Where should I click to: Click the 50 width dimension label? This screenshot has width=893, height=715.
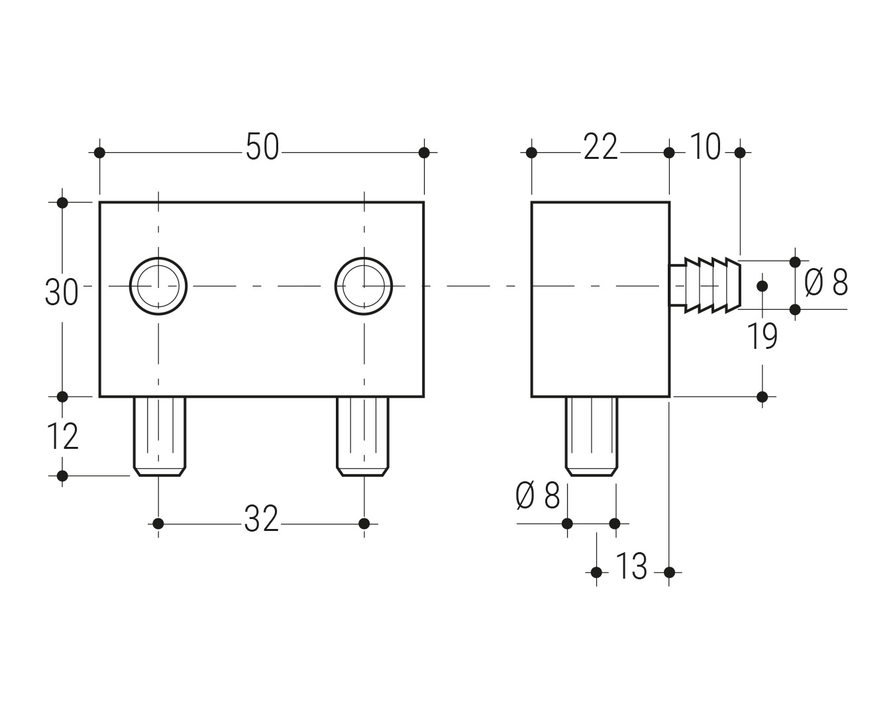point(262,147)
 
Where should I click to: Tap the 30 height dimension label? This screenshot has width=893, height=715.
point(61,292)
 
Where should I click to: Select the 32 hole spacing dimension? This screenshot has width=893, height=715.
point(262,519)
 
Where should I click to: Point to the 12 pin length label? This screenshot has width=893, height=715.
point(62,437)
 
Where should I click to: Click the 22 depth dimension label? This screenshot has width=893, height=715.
point(600,147)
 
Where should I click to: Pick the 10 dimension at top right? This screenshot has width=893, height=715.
point(704,147)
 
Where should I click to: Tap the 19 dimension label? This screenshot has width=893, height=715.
point(762,336)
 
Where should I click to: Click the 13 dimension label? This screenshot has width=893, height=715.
point(631,567)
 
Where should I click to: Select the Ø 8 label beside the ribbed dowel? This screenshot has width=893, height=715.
point(826,283)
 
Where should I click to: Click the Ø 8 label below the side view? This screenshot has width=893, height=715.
point(538,496)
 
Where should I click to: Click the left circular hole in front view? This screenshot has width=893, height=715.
point(158,286)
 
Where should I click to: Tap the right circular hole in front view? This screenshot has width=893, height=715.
point(364,286)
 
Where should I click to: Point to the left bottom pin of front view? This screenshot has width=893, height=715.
point(159,437)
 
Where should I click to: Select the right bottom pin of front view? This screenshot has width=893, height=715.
point(362,437)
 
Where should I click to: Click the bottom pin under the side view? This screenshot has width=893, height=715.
point(591,437)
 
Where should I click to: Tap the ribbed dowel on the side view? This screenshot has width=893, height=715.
point(708,285)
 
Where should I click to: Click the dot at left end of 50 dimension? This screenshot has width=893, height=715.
point(99,153)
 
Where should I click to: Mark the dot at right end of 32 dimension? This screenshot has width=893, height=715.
point(364,524)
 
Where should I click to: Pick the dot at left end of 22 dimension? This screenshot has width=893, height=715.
point(531,153)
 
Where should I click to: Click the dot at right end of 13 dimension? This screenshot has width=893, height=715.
point(669,572)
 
